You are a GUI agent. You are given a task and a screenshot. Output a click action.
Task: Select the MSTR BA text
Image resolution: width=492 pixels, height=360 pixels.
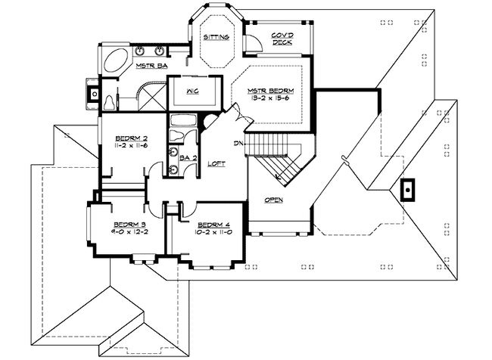[151, 67]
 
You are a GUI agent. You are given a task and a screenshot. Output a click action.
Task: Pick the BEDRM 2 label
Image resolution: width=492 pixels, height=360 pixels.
[129, 138]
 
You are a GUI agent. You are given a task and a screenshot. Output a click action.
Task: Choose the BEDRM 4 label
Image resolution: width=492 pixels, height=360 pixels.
[212, 225]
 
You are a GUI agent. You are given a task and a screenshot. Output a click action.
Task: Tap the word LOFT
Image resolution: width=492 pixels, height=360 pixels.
[216, 163]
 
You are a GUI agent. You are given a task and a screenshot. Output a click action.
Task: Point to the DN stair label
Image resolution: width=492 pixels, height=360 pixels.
[238, 143]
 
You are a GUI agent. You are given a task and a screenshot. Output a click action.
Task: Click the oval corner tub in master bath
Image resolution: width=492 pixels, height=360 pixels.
[116, 61]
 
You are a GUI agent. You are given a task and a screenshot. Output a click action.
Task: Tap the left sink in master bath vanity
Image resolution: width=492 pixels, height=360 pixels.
[140, 51]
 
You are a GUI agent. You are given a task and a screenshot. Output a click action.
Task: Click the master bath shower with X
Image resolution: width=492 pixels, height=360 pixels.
[152, 95]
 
